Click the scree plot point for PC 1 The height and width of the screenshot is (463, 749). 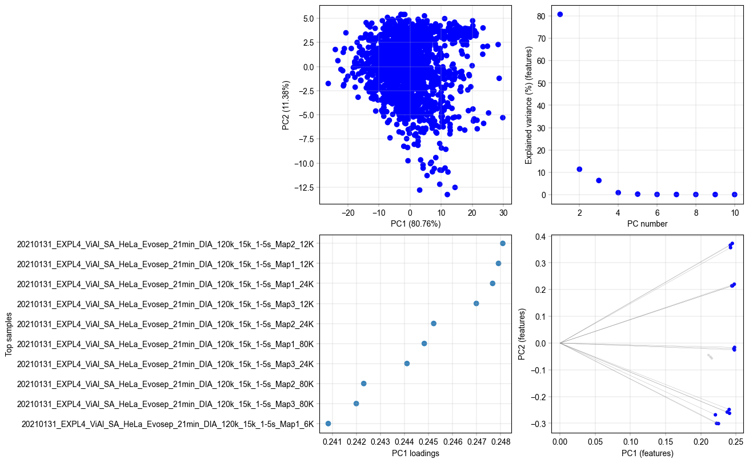pyautogui.click(x=560, y=14)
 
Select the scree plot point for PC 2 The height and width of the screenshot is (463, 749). pyautogui.click(x=579, y=169)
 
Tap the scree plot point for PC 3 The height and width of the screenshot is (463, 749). pyautogui.click(x=599, y=180)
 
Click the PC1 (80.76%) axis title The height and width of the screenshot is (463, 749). pyautogui.click(x=415, y=224)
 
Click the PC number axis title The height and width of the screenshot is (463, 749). pyautogui.click(x=647, y=224)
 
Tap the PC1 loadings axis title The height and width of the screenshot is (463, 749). pyautogui.click(x=415, y=454)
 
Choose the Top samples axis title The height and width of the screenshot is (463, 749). pyautogui.click(x=9, y=333)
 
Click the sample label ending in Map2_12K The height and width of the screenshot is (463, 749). pyautogui.click(x=165, y=244)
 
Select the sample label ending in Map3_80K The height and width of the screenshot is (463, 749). pyautogui.click(x=165, y=404)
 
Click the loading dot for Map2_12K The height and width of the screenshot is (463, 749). pyautogui.click(x=503, y=243)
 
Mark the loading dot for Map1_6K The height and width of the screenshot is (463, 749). pyautogui.click(x=328, y=424)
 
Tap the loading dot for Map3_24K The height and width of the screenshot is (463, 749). pyautogui.click(x=407, y=363)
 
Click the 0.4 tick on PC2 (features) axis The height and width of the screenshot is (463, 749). pyautogui.click(x=540, y=236)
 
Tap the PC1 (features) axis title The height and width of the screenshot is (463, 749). pyautogui.click(x=647, y=454)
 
